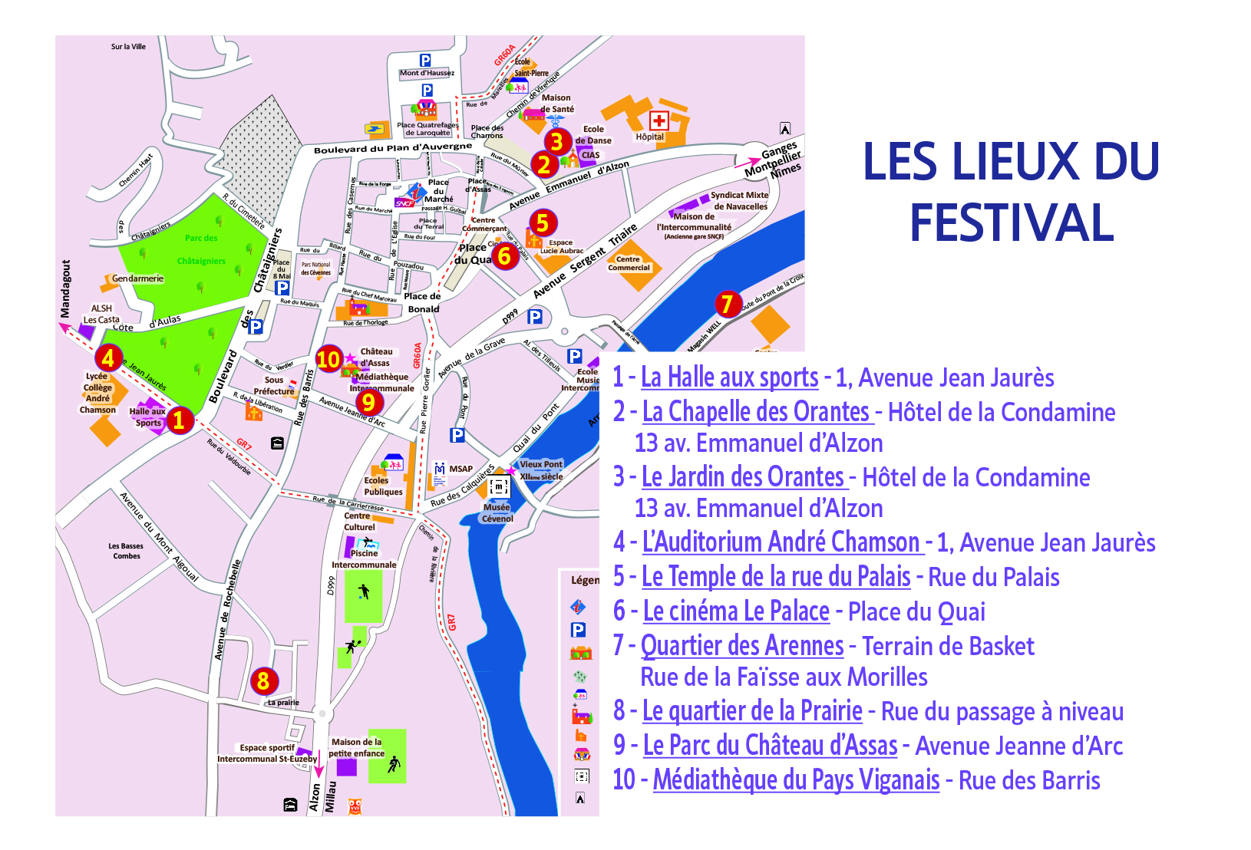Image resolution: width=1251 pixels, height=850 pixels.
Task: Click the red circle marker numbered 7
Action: [x=728, y=304]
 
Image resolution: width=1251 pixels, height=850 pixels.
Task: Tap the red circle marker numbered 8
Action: [x=263, y=680]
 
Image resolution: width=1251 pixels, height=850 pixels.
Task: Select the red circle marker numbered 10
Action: [x=328, y=359]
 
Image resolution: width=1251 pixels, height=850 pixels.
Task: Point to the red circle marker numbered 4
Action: [x=108, y=357]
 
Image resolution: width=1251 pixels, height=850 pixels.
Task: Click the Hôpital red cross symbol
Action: [x=659, y=120]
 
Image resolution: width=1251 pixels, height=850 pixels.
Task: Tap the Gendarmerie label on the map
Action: [x=137, y=278]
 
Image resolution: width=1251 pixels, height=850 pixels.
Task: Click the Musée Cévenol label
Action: [x=497, y=513]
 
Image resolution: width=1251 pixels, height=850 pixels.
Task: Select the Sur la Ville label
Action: [x=128, y=47]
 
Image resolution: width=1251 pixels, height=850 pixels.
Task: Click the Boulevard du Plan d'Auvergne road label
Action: [x=392, y=147]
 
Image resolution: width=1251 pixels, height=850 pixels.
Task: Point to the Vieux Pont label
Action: [x=541, y=464]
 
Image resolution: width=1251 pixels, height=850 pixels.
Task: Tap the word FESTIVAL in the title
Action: [x=1011, y=223]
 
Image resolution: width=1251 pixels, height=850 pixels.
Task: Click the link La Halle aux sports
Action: [x=729, y=377]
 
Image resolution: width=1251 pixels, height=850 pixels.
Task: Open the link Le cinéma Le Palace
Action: [x=736, y=611]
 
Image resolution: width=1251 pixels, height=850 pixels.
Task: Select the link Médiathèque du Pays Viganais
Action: [x=796, y=780]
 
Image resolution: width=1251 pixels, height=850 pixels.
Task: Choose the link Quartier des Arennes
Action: [x=742, y=646]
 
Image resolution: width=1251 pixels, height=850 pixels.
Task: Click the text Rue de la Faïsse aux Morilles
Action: [x=784, y=677]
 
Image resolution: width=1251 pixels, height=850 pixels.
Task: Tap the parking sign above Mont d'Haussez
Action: [x=425, y=60]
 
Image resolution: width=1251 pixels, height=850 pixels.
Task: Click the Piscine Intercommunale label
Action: [x=365, y=558]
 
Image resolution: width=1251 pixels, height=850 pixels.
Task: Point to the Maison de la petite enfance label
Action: [x=357, y=747]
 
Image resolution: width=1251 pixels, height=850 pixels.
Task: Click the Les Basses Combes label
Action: [x=126, y=551]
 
